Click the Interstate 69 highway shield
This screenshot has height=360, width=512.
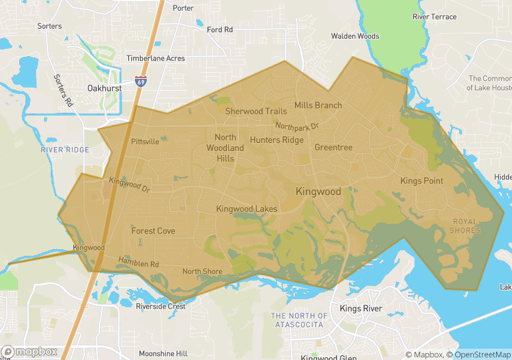coord(140,81)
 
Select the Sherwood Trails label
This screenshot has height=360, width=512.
coord(256,112)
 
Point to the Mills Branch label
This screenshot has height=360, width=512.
coord(318,106)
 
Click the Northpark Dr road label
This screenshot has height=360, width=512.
coord(297,126)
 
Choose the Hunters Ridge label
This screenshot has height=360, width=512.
coord(276,140)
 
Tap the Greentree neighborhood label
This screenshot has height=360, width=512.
coord(333,148)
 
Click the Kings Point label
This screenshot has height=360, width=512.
coord(422,181)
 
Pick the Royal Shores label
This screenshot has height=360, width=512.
coord(465,226)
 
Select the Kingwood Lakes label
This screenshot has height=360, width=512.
coord(246,209)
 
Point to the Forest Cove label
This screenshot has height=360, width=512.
coord(153,231)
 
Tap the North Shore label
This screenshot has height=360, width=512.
coord(202,271)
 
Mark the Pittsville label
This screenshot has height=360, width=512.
coord(145,142)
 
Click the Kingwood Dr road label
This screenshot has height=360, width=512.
coord(129,184)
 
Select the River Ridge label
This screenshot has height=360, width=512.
coord(65,150)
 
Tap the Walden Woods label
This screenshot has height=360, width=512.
coord(355,36)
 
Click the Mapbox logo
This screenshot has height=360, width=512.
coord(29,351)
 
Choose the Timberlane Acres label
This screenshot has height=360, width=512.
coord(156,59)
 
